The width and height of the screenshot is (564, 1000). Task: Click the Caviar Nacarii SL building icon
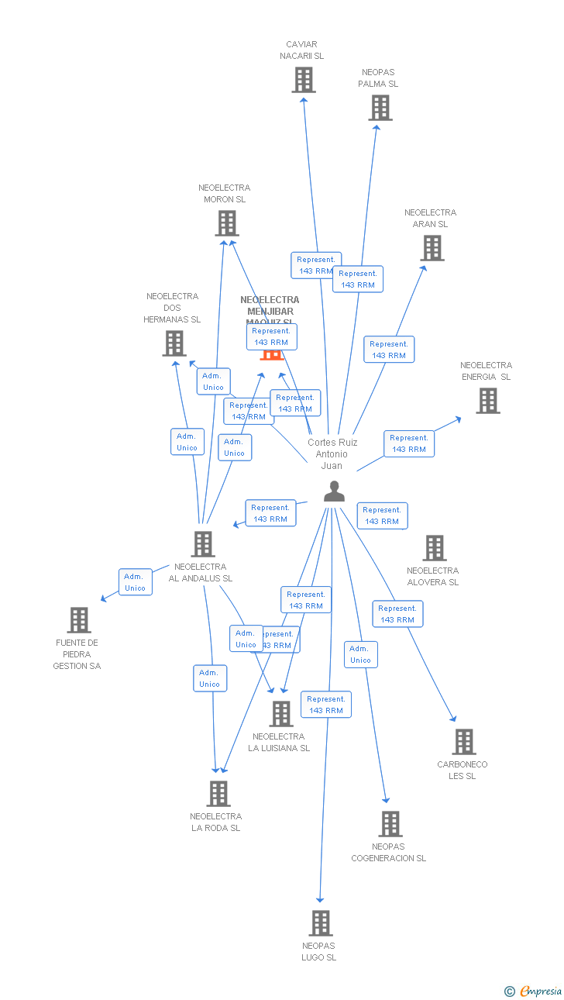click(x=304, y=80)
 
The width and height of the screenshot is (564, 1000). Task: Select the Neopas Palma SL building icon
click(x=380, y=108)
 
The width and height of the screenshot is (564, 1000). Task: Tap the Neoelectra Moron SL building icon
click(x=226, y=223)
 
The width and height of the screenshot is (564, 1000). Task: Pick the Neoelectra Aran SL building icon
click(x=432, y=248)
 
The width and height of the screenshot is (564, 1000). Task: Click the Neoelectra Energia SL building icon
click(x=487, y=401)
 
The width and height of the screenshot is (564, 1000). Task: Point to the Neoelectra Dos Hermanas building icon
click(x=174, y=343)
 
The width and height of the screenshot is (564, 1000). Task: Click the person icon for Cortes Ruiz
click(x=334, y=491)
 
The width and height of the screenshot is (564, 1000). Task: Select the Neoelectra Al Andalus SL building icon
click(x=203, y=544)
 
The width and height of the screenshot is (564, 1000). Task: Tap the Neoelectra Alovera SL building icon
click(x=434, y=548)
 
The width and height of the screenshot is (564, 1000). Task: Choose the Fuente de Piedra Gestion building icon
click(x=79, y=620)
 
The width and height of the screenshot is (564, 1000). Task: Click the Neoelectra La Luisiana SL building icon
click(x=280, y=714)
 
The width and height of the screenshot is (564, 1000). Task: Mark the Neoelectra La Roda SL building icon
click(x=218, y=794)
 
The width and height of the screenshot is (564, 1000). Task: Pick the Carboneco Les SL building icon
click(x=463, y=742)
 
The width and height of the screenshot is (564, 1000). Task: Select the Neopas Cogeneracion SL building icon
click(x=390, y=824)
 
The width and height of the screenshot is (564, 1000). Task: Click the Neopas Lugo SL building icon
click(x=320, y=923)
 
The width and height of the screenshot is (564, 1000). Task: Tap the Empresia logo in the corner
click(x=534, y=991)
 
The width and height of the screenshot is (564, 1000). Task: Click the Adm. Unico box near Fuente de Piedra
click(x=136, y=582)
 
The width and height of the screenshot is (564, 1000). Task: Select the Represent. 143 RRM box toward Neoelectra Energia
click(x=408, y=443)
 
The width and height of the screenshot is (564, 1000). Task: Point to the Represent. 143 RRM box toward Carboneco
click(x=397, y=614)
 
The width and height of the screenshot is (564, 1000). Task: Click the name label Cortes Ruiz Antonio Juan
click(x=332, y=454)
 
